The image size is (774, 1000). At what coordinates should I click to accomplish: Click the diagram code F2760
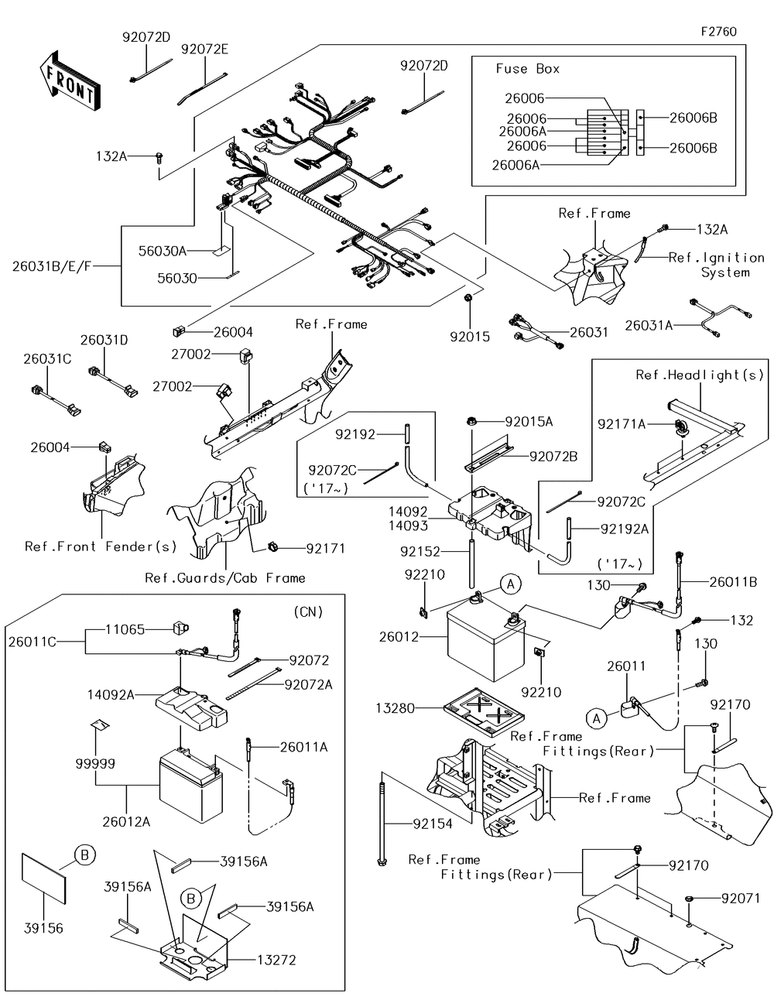(x=718, y=32)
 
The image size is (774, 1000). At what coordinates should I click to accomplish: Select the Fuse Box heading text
(x=527, y=69)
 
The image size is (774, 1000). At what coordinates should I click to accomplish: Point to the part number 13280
(x=396, y=708)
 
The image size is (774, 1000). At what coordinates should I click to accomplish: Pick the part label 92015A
(x=529, y=422)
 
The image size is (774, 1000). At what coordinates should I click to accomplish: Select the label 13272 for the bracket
(x=276, y=961)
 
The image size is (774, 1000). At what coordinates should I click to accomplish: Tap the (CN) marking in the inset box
(x=308, y=611)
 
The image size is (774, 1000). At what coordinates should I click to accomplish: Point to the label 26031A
(x=649, y=326)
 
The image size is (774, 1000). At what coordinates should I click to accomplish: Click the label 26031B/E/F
(x=52, y=265)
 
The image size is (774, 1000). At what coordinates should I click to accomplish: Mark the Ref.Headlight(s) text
(x=700, y=375)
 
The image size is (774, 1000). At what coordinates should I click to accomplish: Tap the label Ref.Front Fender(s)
(x=101, y=546)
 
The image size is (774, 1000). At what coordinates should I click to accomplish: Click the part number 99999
(x=96, y=764)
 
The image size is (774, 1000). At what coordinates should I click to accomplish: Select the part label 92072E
(x=204, y=49)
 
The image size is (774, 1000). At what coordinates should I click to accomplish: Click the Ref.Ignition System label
(x=716, y=265)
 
